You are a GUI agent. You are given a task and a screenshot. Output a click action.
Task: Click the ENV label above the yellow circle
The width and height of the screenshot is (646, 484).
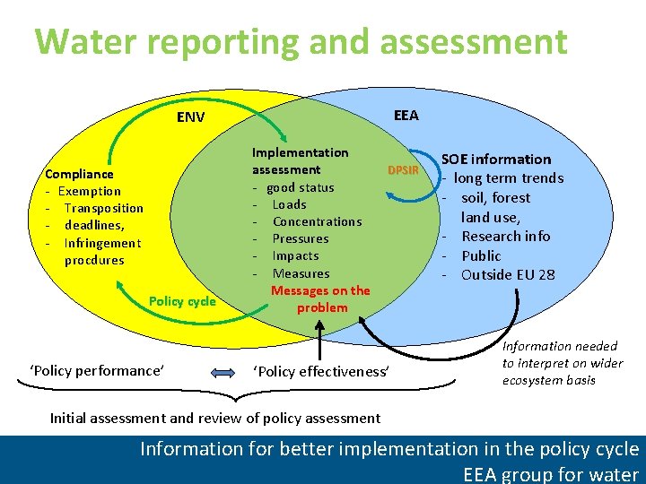[190, 117]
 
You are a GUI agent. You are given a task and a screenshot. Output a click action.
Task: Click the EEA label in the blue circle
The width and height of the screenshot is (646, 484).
[406, 115]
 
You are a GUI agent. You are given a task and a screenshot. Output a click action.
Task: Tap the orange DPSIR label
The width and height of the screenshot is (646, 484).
[403, 169]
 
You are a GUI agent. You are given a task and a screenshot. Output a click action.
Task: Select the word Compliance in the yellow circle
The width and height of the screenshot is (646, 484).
[80, 174]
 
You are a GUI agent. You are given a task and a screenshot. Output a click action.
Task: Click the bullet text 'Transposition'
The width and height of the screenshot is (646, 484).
[103, 208]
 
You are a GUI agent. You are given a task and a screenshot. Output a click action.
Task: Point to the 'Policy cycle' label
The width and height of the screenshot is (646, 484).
[182, 301]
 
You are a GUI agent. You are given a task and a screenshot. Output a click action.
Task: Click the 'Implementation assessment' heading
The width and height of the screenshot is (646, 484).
[300, 161]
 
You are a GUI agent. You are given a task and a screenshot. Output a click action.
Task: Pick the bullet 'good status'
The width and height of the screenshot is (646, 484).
[300, 187]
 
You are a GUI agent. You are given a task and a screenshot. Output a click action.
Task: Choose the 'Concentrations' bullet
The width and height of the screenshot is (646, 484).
[317, 221]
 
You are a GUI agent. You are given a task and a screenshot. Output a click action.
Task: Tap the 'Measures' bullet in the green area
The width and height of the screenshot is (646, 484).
[301, 273]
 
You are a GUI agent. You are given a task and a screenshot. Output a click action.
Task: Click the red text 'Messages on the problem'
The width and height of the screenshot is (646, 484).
[320, 298]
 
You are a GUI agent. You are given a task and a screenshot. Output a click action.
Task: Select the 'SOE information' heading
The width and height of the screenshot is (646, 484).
[495, 160]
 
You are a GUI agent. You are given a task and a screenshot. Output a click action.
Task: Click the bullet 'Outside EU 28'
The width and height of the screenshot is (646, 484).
[508, 274]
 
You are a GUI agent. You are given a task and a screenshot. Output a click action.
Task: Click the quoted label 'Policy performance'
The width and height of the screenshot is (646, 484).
[97, 370]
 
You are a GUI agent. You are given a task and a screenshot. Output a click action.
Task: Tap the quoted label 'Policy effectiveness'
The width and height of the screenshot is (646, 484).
[322, 371]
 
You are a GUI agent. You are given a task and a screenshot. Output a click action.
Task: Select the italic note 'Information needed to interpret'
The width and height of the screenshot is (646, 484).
[562, 362]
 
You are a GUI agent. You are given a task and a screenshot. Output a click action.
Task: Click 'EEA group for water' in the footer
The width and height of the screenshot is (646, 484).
[550, 474]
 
